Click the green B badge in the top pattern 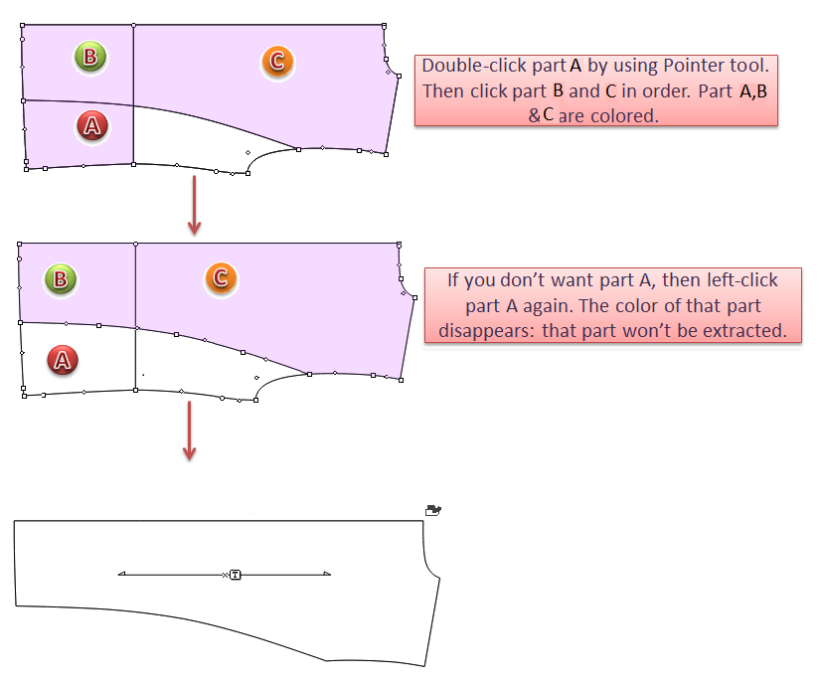90,57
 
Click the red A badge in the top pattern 92,125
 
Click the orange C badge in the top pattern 277,62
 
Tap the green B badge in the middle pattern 61,278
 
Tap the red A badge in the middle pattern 62,360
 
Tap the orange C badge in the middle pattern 221,277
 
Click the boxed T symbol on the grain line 235,574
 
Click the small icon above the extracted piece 432,510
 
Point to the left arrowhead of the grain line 121,574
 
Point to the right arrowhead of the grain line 326,574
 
